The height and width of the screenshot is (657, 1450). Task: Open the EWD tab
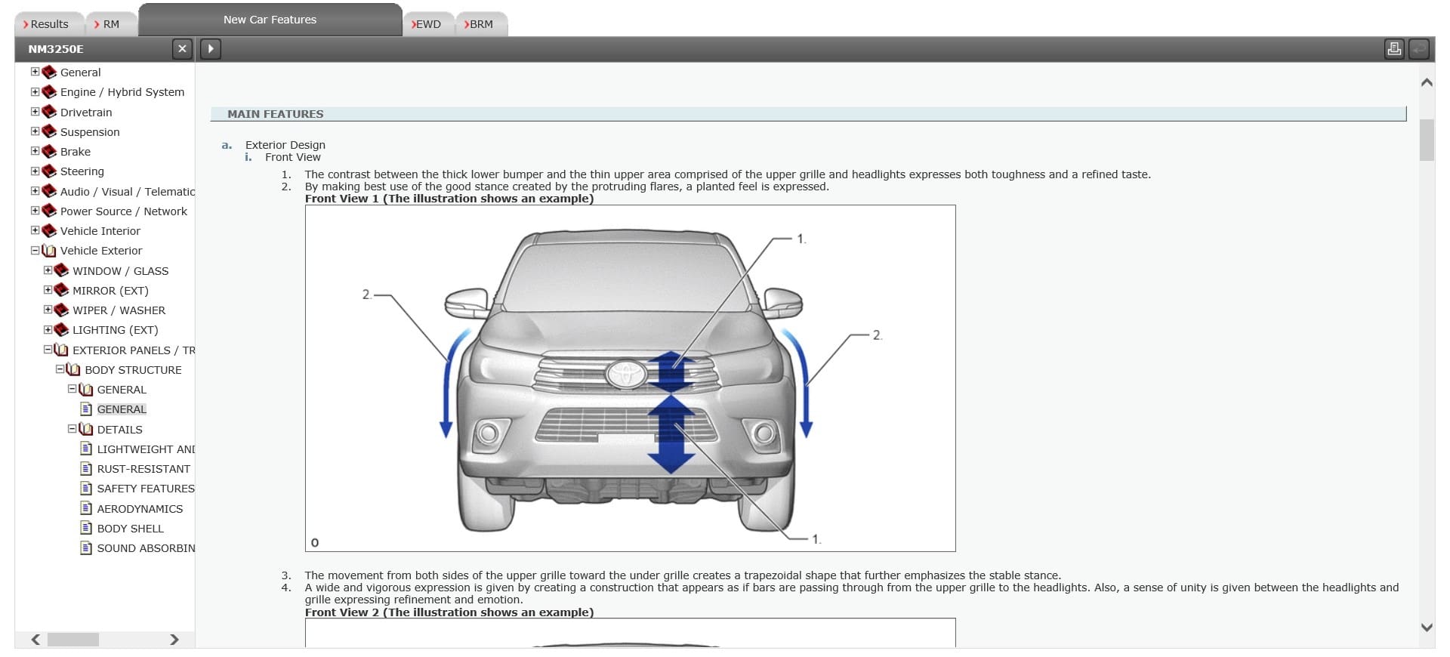pos(427,24)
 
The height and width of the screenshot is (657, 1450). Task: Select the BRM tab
pos(480,24)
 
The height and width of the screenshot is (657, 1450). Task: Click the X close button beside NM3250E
pos(182,49)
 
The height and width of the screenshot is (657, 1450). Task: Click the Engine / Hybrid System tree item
pos(122,92)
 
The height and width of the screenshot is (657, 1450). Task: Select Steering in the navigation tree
pos(82,171)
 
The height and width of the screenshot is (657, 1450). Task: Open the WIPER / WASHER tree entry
pos(119,310)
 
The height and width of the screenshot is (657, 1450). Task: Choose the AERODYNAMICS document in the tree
pos(140,509)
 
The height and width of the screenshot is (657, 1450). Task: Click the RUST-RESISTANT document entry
pos(143,469)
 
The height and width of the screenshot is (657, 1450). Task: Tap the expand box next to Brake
pos(35,151)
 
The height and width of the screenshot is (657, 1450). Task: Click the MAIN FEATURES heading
pos(276,114)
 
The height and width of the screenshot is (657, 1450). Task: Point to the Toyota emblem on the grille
pos(626,372)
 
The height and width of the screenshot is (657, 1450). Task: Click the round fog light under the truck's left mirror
pos(488,433)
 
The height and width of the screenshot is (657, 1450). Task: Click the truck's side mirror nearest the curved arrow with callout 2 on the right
pos(782,302)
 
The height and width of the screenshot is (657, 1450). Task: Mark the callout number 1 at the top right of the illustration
pos(801,239)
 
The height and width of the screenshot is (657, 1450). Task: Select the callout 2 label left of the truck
pos(366,295)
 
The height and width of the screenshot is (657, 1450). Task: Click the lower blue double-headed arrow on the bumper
pos(671,434)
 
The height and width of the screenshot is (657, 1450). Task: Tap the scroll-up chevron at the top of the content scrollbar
pos(1427,82)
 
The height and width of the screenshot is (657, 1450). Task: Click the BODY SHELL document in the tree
pos(130,529)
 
